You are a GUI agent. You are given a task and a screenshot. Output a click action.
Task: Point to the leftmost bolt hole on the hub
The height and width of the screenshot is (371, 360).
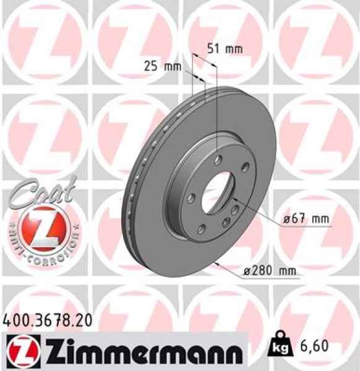[192, 198]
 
